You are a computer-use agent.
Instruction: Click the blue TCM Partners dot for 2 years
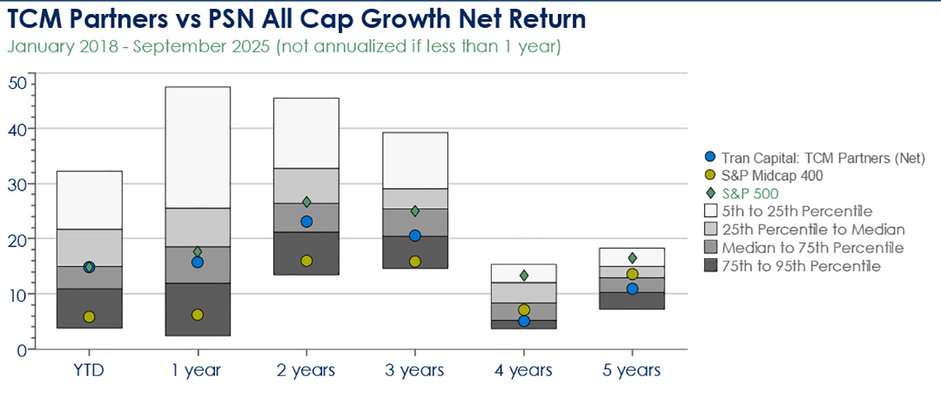click(307, 222)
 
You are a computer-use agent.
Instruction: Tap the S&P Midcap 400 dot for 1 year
click(197, 315)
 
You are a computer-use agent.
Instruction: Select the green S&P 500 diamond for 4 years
click(524, 275)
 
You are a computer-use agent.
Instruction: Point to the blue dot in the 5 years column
click(633, 289)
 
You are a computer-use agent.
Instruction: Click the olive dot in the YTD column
click(89, 317)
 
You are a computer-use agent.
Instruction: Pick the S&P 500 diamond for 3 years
click(415, 211)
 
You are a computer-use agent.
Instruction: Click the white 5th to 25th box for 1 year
click(197, 147)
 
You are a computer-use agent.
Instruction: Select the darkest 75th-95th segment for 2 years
click(307, 254)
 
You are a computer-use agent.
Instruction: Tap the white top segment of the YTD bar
click(89, 200)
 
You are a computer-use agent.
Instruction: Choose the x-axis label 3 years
click(415, 370)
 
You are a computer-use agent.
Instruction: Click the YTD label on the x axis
click(89, 370)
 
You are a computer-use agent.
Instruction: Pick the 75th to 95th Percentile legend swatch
click(709, 266)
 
